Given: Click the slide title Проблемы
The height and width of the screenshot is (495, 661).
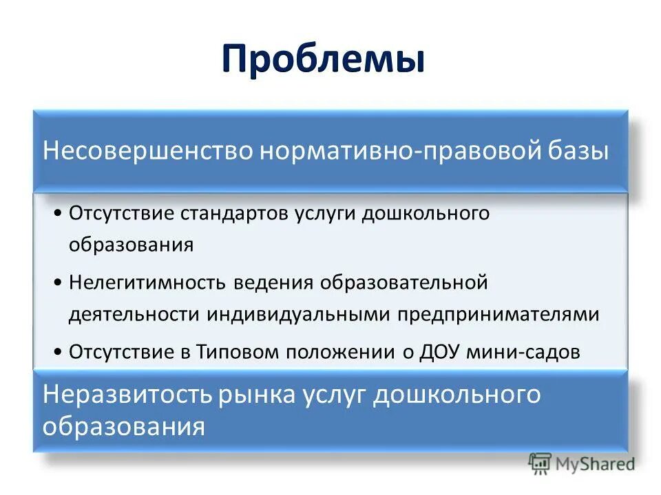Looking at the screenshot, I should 323,60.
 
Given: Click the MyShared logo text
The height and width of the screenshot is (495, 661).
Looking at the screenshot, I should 595,464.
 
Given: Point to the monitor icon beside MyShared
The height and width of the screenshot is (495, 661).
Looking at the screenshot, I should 541,464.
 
